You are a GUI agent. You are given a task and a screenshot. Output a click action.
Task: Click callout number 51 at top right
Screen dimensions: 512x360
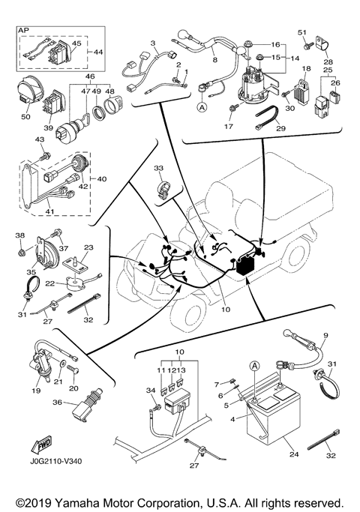pyautogui.click(x=303, y=32)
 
